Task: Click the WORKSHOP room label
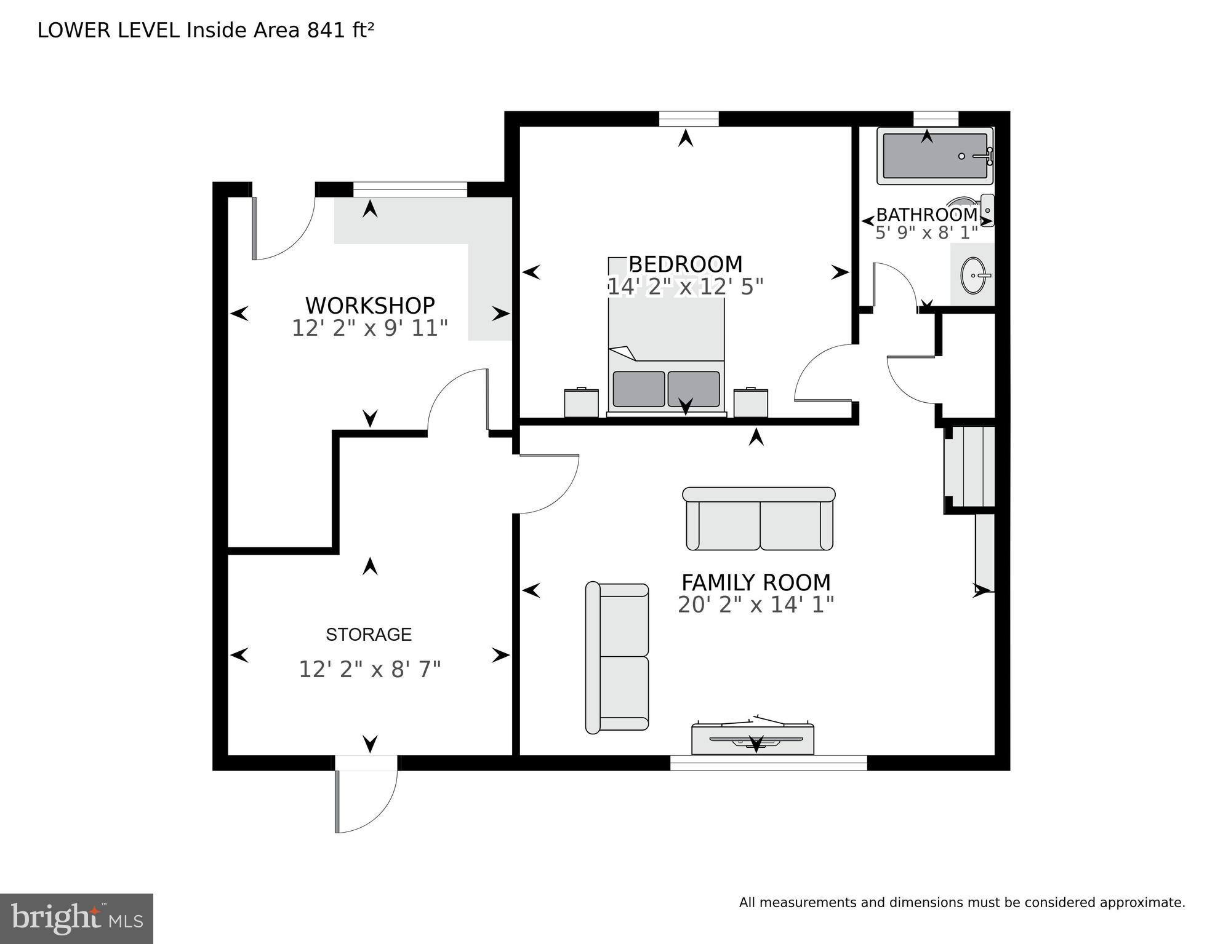tap(370, 305)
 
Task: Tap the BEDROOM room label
tap(685, 264)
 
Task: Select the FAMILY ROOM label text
tap(756, 582)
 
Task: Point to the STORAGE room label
tap(369, 634)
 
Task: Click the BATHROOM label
tap(927, 215)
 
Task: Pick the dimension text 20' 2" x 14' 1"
tap(756, 605)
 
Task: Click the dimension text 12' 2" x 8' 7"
tap(370, 669)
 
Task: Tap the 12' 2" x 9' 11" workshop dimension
tap(369, 328)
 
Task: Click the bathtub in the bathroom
tap(935, 156)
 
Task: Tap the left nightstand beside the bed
tap(581, 402)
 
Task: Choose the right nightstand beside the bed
tap(751, 402)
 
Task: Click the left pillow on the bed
tap(639, 389)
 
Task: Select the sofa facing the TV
tap(759, 518)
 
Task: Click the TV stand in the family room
tap(753, 738)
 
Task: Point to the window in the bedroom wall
tap(689, 119)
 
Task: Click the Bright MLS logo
tap(76, 918)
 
